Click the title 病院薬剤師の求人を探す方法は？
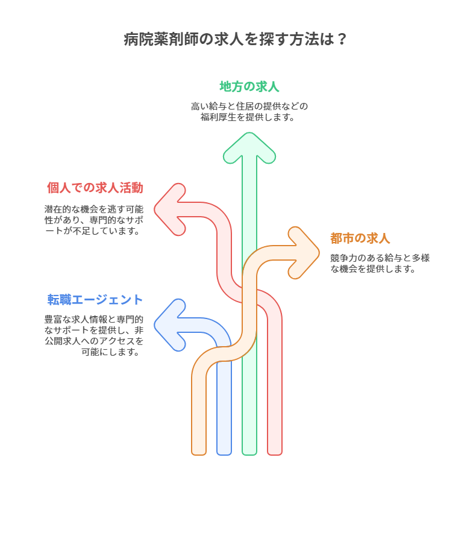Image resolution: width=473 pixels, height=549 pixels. pyautogui.click(x=235, y=39)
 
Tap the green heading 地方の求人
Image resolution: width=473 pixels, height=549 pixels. pyautogui.click(x=249, y=87)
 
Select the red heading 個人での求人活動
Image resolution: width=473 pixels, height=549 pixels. pyautogui.click(x=95, y=188)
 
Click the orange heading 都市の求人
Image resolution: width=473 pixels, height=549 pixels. pyautogui.click(x=360, y=238)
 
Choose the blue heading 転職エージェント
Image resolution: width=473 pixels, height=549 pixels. pyautogui.click(x=95, y=300)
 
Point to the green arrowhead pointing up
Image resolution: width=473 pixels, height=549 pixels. pyautogui.click(x=249, y=147)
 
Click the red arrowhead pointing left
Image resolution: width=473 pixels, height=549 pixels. pyautogui.click(x=170, y=209)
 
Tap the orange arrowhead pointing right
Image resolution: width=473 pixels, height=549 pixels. pyautogui.click(x=304, y=253)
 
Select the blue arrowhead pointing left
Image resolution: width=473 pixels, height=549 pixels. pyautogui.click(x=170, y=325)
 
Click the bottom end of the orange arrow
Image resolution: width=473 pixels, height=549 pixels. pyautogui.click(x=199, y=454)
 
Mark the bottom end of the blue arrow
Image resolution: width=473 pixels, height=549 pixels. pyautogui.click(x=224, y=454)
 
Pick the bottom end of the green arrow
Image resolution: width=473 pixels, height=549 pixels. pyautogui.click(x=249, y=454)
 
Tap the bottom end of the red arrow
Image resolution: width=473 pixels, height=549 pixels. pyautogui.click(x=275, y=454)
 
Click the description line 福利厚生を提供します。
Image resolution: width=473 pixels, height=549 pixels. pyautogui.click(x=248, y=117)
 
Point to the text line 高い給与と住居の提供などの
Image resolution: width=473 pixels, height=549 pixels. pyautogui.click(x=249, y=106)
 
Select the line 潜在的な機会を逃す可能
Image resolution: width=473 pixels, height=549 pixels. pyautogui.click(x=94, y=209)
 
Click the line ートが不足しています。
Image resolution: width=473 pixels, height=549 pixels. pyautogui.click(x=93, y=231)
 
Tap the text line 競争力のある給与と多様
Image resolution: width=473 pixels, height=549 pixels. pyautogui.click(x=380, y=258)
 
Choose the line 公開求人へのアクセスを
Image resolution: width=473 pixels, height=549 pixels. pyautogui.click(x=94, y=341)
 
